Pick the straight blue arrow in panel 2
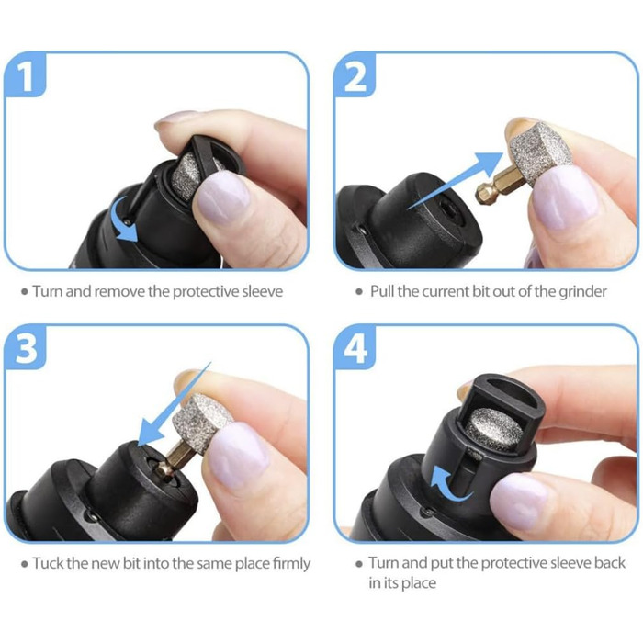pyautogui.click(x=456, y=180)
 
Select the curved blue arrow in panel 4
pyautogui.click(x=445, y=484)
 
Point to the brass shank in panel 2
pyautogui.click(x=495, y=186)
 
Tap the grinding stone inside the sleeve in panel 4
pyautogui.click(x=494, y=429)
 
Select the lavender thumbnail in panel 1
pyautogui.click(x=222, y=197)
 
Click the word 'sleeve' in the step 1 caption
pyautogui.click(x=263, y=291)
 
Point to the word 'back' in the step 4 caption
pyautogui.click(x=610, y=562)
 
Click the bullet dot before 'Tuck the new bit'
pyautogui.click(x=25, y=564)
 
